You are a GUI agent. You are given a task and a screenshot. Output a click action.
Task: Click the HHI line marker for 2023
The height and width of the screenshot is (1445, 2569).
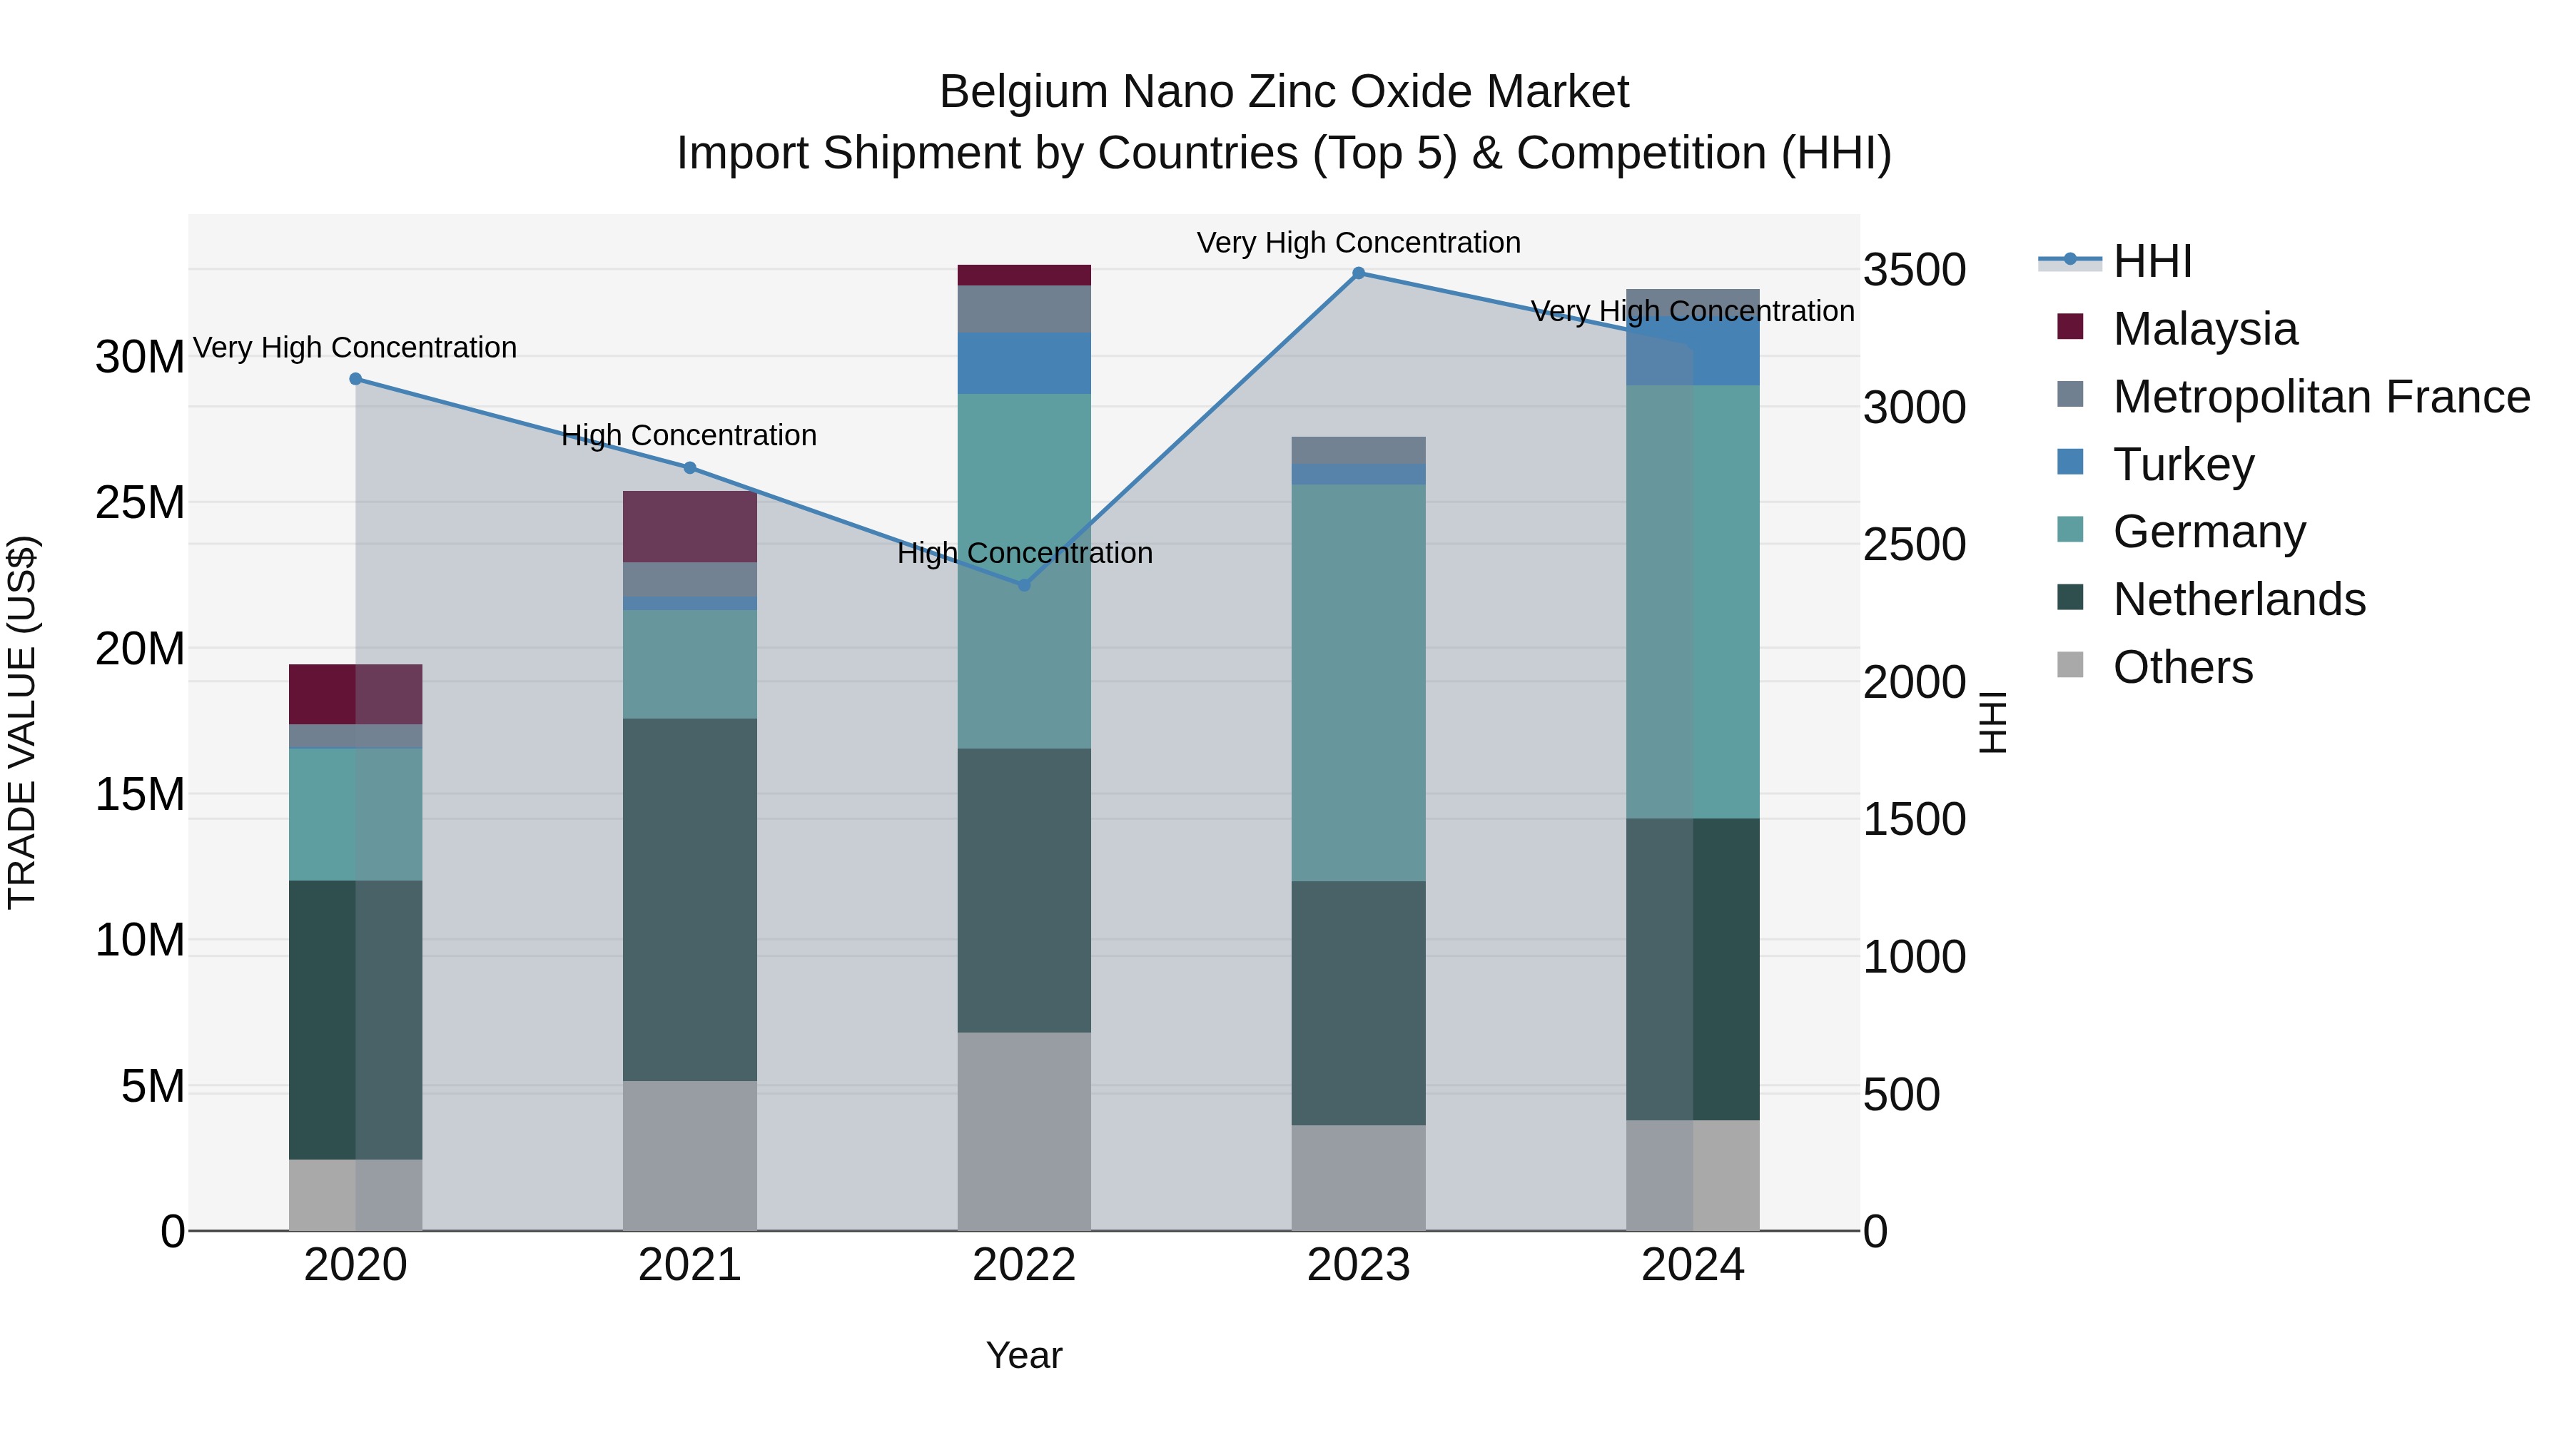pyautogui.click(x=1358, y=273)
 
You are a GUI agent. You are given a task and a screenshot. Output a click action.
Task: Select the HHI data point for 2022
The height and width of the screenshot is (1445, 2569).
pyautogui.click(x=1023, y=585)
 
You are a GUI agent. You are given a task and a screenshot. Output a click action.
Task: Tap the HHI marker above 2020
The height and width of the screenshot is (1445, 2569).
pyautogui.click(x=356, y=379)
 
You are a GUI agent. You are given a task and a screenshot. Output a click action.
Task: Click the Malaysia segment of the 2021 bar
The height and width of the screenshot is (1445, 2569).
pyautogui.click(x=689, y=527)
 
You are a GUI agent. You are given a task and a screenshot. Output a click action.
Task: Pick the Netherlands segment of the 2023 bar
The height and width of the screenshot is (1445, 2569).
pyautogui.click(x=1358, y=1003)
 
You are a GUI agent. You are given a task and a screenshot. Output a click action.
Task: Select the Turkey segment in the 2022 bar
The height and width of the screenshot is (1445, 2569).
pyautogui.click(x=1023, y=363)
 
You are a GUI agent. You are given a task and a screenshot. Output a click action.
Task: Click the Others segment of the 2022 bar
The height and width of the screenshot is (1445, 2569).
pyautogui.click(x=1023, y=1131)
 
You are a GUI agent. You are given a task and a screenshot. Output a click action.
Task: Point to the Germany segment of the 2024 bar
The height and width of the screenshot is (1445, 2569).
pyautogui.click(x=1693, y=602)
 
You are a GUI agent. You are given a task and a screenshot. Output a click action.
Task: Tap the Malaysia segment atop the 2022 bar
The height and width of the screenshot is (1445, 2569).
pyautogui.click(x=1023, y=275)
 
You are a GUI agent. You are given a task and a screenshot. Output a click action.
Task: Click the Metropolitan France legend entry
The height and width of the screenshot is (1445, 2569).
pyautogui.click(x=2321, y=397)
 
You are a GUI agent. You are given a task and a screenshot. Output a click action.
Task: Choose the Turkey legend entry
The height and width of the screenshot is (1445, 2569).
pyautogui.click(x=2183, y=465)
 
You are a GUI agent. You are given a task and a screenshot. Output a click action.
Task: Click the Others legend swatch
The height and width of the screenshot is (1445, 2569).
pyautogui.click(x=2070, y=665)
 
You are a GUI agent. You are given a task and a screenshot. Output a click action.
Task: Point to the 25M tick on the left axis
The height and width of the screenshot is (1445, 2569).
pyautogui.click(x=140, y=502)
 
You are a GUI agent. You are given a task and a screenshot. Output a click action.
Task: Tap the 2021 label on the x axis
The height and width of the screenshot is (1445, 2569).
pyautogui.click(x=689, y=1265)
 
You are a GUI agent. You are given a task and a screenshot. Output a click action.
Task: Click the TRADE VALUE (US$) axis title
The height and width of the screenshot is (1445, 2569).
pyautogui.click(x=22, y=722)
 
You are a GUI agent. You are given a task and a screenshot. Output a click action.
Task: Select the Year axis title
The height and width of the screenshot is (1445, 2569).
pyautogui.click(x=1023, y=1355)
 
